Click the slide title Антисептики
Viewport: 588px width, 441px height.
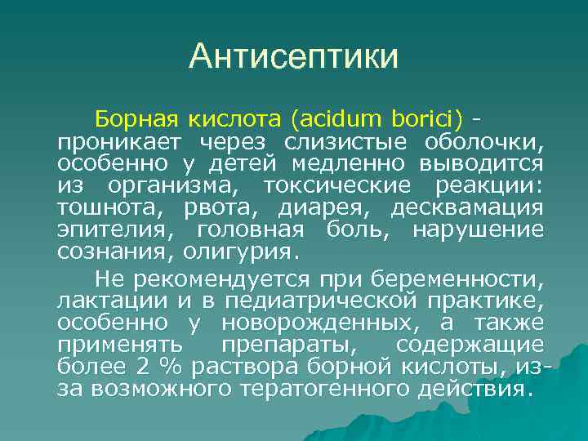pyautogui.click(x=294, y=57)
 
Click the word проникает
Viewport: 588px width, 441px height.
pyautogui.click(x=113, y=142)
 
